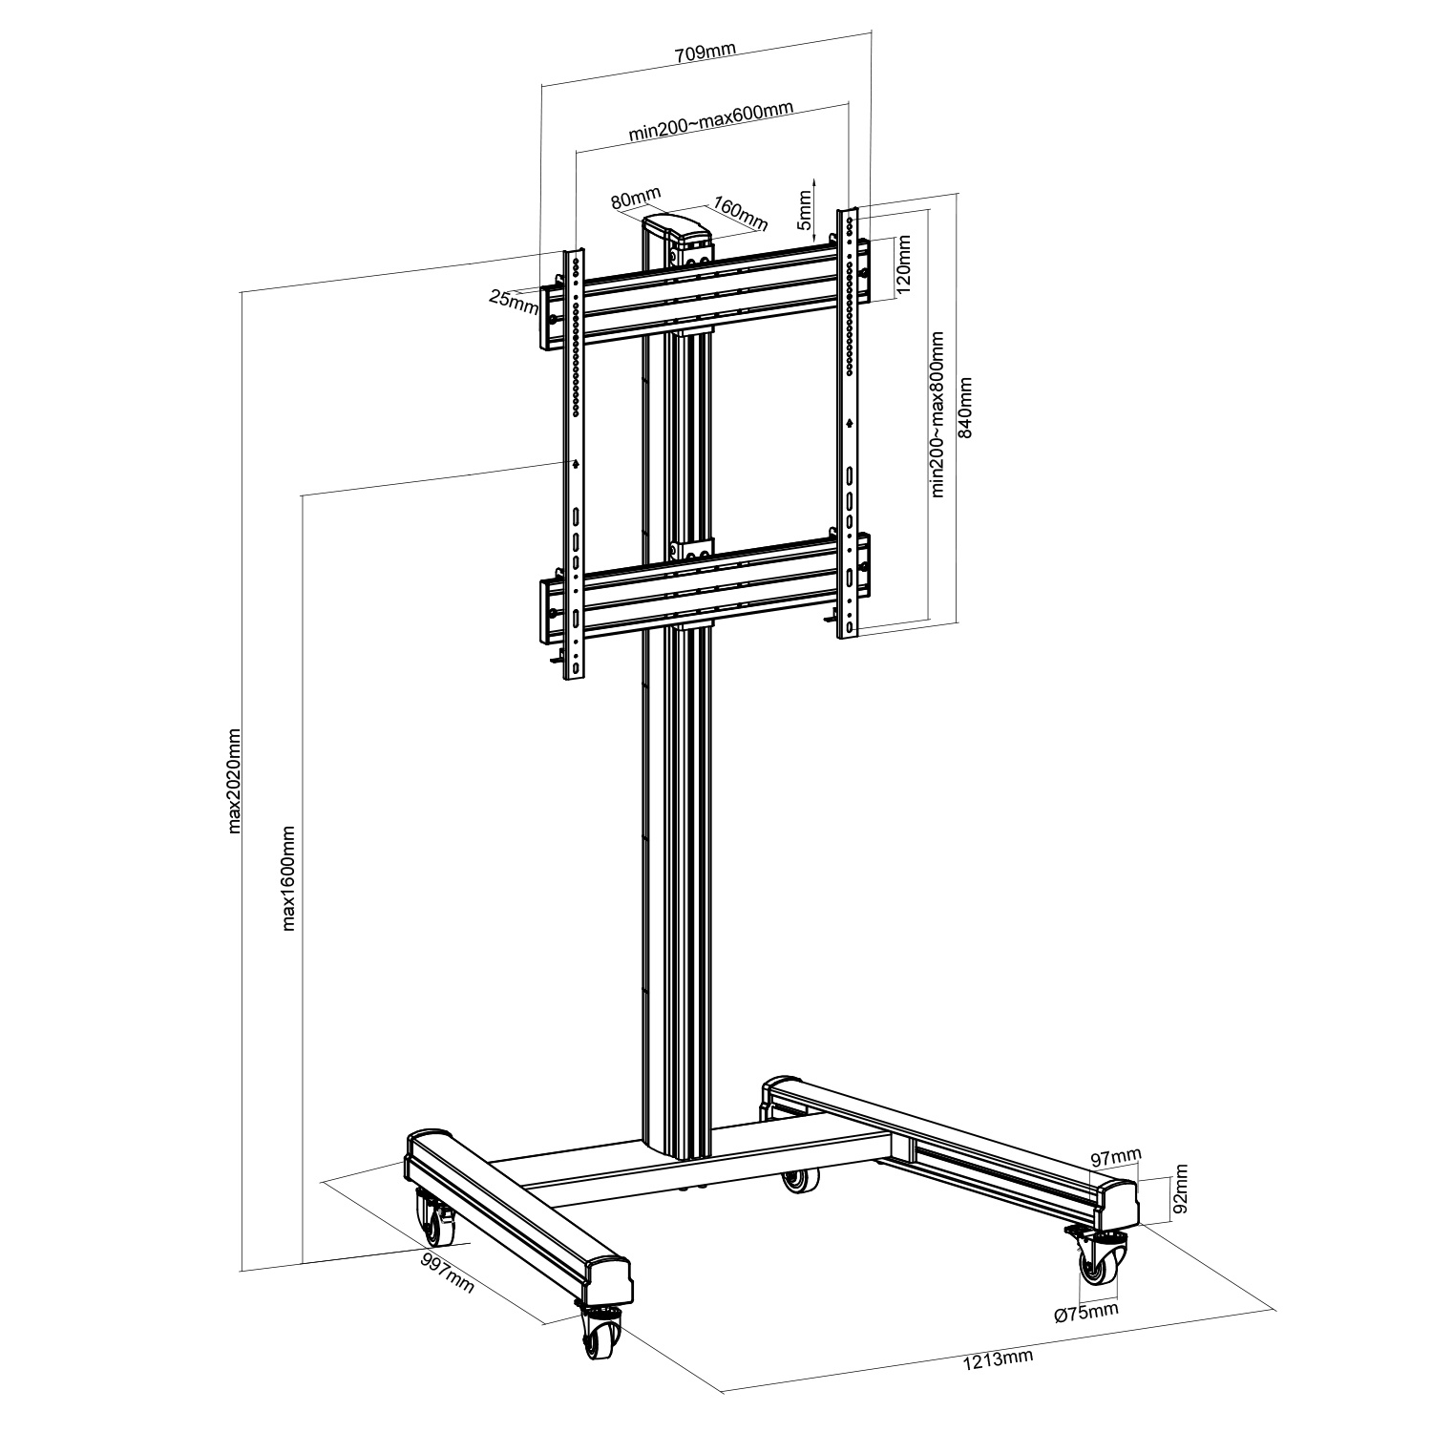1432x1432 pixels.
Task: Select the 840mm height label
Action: (x=965, y=407)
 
